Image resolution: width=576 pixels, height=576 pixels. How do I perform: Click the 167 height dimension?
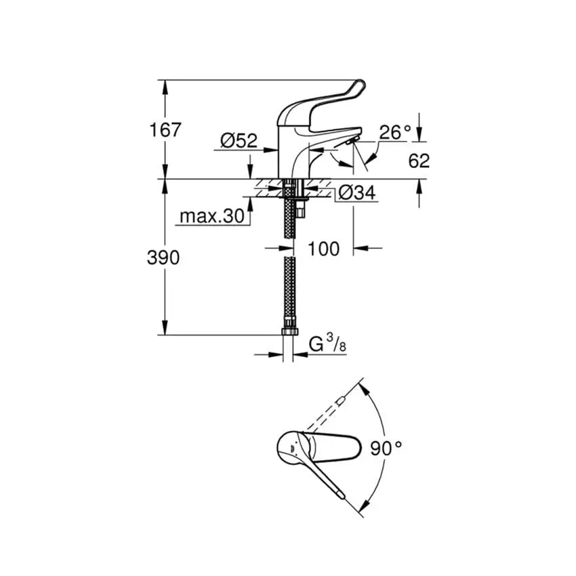click(165, 129)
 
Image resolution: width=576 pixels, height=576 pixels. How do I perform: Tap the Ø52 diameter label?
click(239, 140)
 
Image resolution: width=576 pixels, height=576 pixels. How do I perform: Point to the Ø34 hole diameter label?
click(356, 193)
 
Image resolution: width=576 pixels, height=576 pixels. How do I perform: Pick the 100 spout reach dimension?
click(323, 248)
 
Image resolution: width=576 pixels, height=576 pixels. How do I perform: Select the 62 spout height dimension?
click(419, 161)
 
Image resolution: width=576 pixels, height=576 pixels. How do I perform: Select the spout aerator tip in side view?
click(350, 140)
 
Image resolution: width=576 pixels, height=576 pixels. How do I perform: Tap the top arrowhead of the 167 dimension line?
click(165, 84)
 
